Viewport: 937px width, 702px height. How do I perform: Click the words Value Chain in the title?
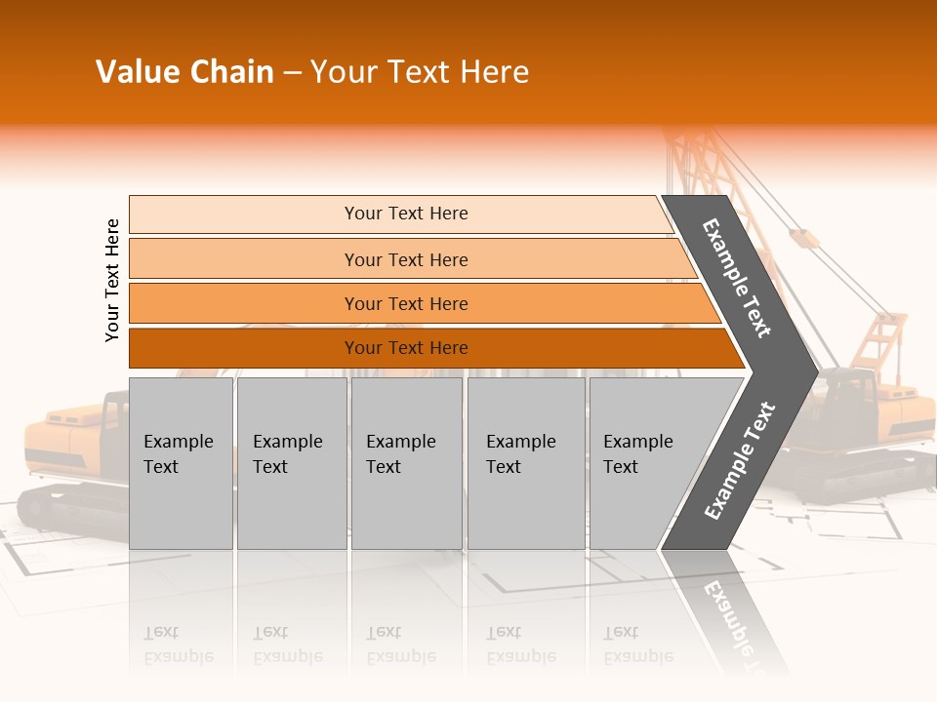(x=184, y=72)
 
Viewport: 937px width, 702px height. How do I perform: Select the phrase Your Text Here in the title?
(x=420, y=72)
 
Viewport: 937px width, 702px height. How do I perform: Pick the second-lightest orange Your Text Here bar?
(x=406, y=259)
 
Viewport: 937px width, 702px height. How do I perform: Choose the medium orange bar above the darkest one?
(x=406, y=303)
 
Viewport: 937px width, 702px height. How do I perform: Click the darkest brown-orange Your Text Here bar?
(x=406, y=348)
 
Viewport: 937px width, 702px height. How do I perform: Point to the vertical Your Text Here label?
(x=112, y=280)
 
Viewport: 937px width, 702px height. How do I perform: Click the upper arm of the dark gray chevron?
(x=738, y=278)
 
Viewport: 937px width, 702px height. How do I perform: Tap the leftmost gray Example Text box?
(x=181, y=463)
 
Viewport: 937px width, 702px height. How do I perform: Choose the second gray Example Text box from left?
(x=291, y=463)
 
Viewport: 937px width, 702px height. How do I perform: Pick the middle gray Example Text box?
(x=406, y=463)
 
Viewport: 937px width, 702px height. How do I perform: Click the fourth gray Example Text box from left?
(x=526, y=463)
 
